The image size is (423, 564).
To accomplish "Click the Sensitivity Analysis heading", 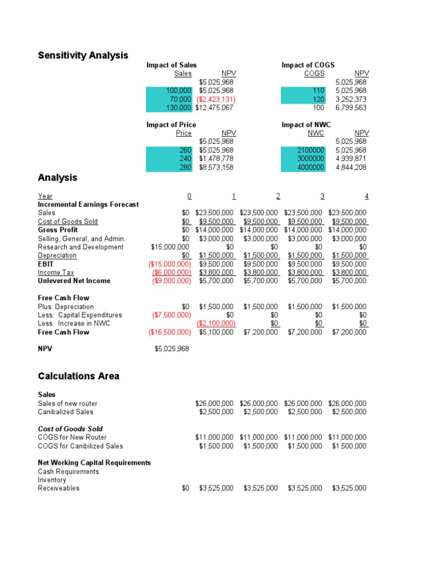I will click(83, 55).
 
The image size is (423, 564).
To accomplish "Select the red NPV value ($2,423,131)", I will click(216, 99).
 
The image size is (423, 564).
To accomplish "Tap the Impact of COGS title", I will click(308, 65).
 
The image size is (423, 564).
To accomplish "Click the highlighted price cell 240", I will click(185, 159).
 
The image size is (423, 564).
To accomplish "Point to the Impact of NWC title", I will click(306, 125).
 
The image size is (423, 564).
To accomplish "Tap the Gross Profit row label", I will click(58, 230).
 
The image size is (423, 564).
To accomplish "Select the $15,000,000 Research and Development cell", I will click(171, 247).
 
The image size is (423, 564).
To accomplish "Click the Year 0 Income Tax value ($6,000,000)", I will click(171, 273).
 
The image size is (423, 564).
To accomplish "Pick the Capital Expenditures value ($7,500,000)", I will click(171, 315).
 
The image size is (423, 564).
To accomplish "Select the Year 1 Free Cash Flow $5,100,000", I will click(216, 332).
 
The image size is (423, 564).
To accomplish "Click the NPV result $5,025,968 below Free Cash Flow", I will click(172, 349).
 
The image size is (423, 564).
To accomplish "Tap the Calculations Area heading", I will click(78, 376).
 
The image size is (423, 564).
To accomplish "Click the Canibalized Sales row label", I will click(66, 412).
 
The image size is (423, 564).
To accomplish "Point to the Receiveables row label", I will click(58, 489).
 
